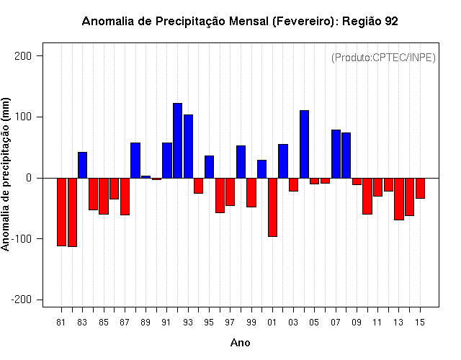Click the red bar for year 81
[61, 212]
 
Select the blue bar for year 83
[82, 165]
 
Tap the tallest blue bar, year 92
[178, 141]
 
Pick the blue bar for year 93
[188, 146]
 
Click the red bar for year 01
[272, 207]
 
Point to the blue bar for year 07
[336, 154]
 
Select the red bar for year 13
[399, 199]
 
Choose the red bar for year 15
[420, 188]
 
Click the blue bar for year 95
[209, 167]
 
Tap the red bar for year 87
[125, 197]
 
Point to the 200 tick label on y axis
[23, 56]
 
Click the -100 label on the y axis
[21, 238]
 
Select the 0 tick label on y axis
[29, 178]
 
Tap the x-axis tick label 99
[251, 323]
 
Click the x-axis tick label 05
[314, 323]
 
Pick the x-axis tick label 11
[377, 323]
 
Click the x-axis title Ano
[240, 343]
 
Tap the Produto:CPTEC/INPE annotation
[383, 58]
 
